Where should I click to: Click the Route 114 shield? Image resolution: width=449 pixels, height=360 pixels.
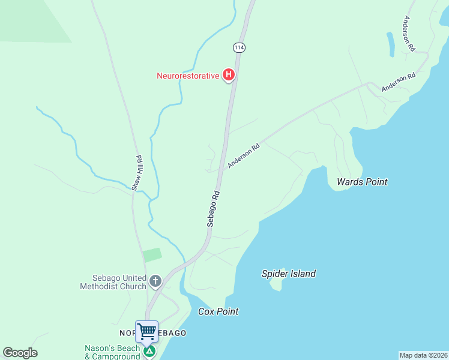240,47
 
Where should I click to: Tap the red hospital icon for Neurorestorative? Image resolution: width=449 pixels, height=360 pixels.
228,75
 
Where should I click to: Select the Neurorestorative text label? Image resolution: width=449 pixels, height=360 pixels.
188,76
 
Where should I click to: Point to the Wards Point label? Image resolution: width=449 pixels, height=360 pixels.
362,182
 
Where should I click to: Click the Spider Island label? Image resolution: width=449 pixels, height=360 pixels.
288,274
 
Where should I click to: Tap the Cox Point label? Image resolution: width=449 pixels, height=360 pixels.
218,311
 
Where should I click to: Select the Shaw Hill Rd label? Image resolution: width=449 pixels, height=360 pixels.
137,173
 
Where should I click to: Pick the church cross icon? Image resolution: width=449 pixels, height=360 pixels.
155,281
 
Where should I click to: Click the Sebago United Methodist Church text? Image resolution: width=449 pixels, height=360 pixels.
113,282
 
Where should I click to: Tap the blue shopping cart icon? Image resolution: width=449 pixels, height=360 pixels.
146,331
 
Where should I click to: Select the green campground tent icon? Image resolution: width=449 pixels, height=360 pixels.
149,350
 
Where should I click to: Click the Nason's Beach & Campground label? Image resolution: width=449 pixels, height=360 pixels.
112,352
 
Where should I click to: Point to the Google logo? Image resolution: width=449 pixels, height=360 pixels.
20,353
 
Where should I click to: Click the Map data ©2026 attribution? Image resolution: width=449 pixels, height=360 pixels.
424,355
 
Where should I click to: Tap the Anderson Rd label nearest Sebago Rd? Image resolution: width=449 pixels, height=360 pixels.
243,155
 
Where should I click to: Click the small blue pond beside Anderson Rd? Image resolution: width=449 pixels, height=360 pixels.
391,44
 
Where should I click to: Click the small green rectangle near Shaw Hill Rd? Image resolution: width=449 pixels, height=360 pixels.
152,254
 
